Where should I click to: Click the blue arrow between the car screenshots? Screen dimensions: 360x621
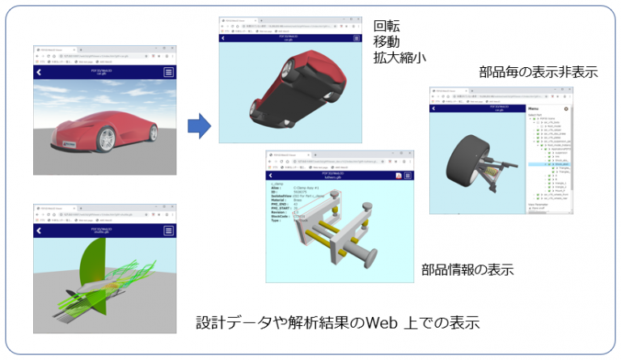tap(198, 125)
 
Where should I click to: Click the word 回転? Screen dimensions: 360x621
tap(386, 24)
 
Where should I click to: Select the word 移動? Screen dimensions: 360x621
tap(386, 40)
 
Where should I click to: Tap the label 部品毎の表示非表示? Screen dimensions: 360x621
tap(527, 72)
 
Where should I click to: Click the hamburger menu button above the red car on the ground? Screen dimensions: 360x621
tap(168, 72)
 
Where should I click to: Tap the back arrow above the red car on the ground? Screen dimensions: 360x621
tap(38, 72)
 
